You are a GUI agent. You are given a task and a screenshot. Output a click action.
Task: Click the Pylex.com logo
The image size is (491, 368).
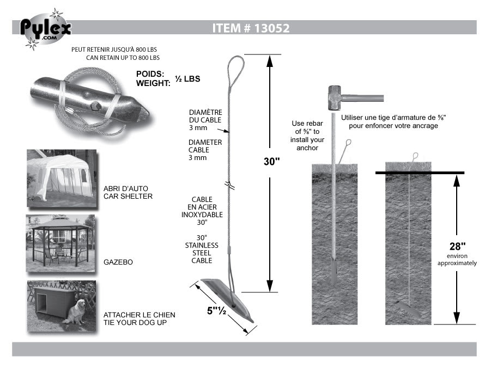point(45,29)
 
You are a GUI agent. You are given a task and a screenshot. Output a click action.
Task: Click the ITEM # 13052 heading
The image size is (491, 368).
point(251,28)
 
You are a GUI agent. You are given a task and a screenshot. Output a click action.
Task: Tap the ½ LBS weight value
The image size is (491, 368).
point(187,79)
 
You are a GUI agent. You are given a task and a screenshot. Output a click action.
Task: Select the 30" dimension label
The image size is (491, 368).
point(271,162)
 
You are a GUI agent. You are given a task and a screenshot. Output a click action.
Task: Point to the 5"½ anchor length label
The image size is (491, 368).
point(216,311)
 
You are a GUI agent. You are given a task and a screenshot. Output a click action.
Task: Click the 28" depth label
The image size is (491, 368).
point(457,247)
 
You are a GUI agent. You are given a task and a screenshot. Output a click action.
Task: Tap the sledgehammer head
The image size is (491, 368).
point(335,98)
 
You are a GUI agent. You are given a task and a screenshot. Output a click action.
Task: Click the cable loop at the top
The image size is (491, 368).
point(236,72)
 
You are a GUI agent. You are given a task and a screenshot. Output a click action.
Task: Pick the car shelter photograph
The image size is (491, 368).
point(62,179)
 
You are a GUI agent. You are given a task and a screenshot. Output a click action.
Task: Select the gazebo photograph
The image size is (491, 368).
point(60,243)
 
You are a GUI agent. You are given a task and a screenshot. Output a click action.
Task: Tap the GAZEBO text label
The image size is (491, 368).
point(118,262)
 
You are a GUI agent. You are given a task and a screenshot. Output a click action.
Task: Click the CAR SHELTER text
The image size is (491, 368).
point(128,197)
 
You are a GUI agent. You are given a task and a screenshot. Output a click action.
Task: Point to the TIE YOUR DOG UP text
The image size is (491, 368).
point(135,323)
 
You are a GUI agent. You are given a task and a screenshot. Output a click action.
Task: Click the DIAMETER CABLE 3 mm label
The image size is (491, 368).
point(205,150)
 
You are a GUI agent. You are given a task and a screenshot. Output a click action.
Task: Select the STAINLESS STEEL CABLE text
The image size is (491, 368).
point(202,253)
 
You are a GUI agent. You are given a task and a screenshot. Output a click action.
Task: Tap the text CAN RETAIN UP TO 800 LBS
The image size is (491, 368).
point(123,58)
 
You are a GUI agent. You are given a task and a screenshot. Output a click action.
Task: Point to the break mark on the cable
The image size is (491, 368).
point(230,185)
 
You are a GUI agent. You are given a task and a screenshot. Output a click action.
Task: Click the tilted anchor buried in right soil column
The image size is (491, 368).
point(408,308)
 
